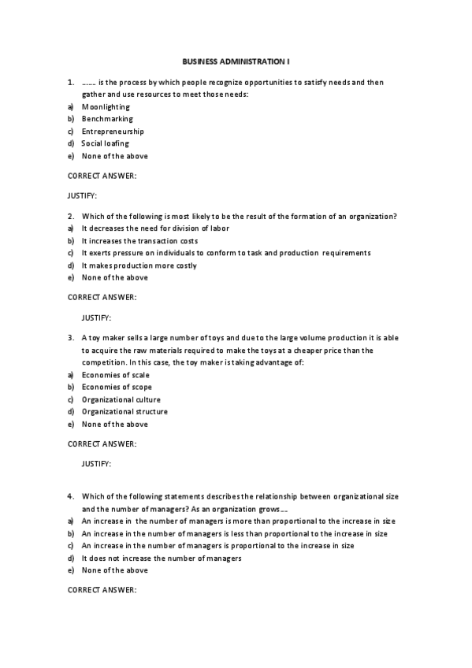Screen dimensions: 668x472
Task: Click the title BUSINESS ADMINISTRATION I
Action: pos(236,61)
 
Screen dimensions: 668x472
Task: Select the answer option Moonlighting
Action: pos(106,106)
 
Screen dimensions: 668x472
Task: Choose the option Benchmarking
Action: pos(107,119)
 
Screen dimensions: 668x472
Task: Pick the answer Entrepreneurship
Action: pos(113,131)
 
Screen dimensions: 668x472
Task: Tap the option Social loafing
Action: pos(105,143)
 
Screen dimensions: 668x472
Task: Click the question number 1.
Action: pos(70,82)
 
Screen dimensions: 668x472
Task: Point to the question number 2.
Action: pos(70,216)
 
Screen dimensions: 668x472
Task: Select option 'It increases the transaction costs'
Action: pos(139,240)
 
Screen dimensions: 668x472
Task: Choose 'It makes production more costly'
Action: pos(139,265)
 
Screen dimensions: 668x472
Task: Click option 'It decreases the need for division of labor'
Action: pos(154,228)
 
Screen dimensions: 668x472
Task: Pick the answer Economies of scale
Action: pos(115,375)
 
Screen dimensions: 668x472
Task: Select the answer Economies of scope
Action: pos(117,387)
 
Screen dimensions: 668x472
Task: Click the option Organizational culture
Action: pos(121,399)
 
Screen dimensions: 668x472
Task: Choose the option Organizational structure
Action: pos(125,411)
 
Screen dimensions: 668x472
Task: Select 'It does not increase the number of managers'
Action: pos(161,558)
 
